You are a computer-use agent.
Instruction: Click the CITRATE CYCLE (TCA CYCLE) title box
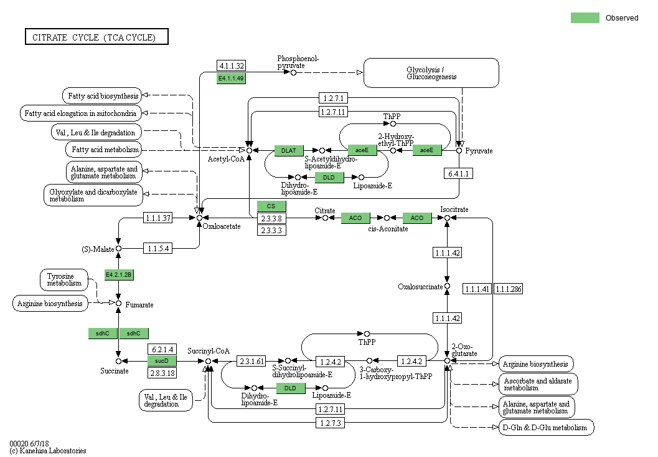96,37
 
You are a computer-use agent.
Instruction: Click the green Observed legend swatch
585,17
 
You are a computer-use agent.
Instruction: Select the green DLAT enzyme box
289,150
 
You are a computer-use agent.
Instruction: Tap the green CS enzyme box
271,206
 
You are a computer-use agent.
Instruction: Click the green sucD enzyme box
162,361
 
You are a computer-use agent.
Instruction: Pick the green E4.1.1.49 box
231,78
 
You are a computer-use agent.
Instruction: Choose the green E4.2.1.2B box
119,274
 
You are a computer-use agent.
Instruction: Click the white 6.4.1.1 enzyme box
458,173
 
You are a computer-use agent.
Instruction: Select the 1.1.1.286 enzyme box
509,289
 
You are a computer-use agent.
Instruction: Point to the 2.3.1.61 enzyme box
251,361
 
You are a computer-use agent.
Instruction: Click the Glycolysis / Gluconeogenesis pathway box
431,73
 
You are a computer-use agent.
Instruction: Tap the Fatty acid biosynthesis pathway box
101,95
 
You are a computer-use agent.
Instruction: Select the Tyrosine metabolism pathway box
64,279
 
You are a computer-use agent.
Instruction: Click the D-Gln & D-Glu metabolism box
546,428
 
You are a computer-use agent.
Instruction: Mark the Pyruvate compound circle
459,150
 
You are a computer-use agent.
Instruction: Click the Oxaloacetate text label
221,226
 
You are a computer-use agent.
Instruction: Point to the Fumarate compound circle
119,302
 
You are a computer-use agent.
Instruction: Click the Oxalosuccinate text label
420,287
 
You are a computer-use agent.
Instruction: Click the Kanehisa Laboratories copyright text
48,450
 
